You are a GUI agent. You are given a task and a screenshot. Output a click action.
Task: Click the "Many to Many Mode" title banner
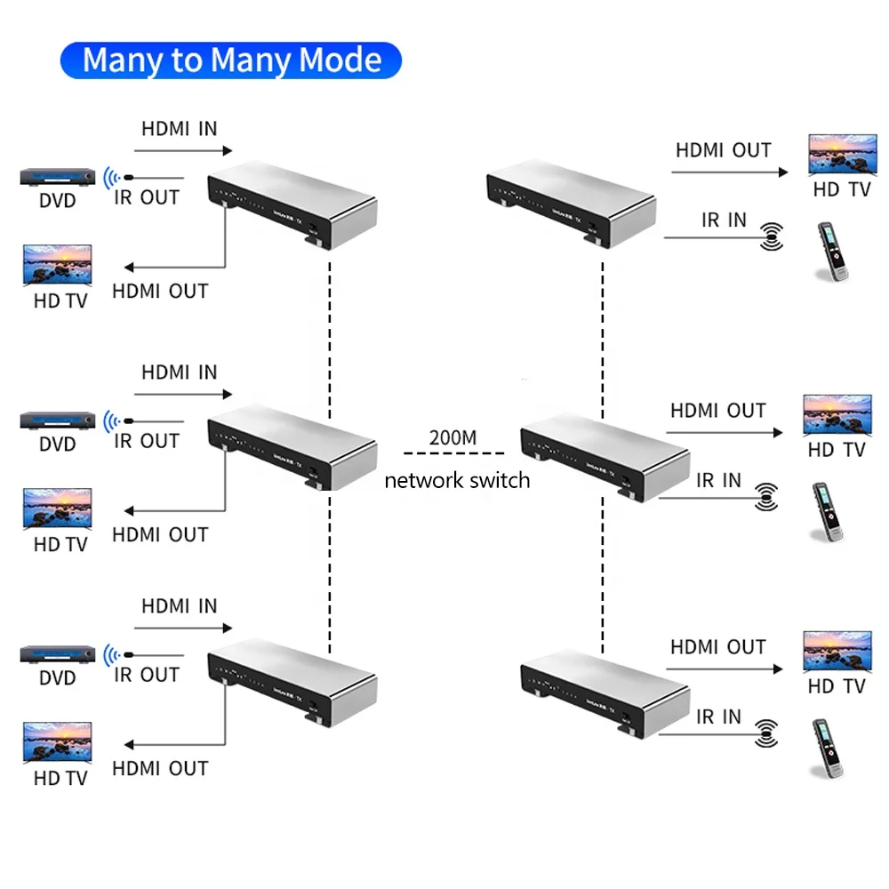(x=231, y=60)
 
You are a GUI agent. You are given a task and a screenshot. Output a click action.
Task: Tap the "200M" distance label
(x=453, y=437)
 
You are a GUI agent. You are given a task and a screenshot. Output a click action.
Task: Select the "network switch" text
(x=456, y=481)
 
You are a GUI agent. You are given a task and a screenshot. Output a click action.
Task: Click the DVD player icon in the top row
(x=58, y=178)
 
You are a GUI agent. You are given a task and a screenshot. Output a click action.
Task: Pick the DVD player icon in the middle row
(x=58, y=420)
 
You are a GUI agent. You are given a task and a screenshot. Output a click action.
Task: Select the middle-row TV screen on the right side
(x=837, y=415)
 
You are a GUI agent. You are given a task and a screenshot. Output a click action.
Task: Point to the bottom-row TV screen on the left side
(x=58, y=742)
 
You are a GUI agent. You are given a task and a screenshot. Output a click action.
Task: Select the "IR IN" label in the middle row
(x=718, y=481)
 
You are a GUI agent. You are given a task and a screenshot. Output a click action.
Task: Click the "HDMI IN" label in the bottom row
(x=179, y=606)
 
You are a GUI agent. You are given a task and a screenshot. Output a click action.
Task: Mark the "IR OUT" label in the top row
(x=147, y=197)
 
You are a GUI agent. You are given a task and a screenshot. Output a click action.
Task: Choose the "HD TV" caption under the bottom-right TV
(x=836, y=686)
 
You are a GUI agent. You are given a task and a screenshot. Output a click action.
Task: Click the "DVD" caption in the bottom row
(x=58, y=678)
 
